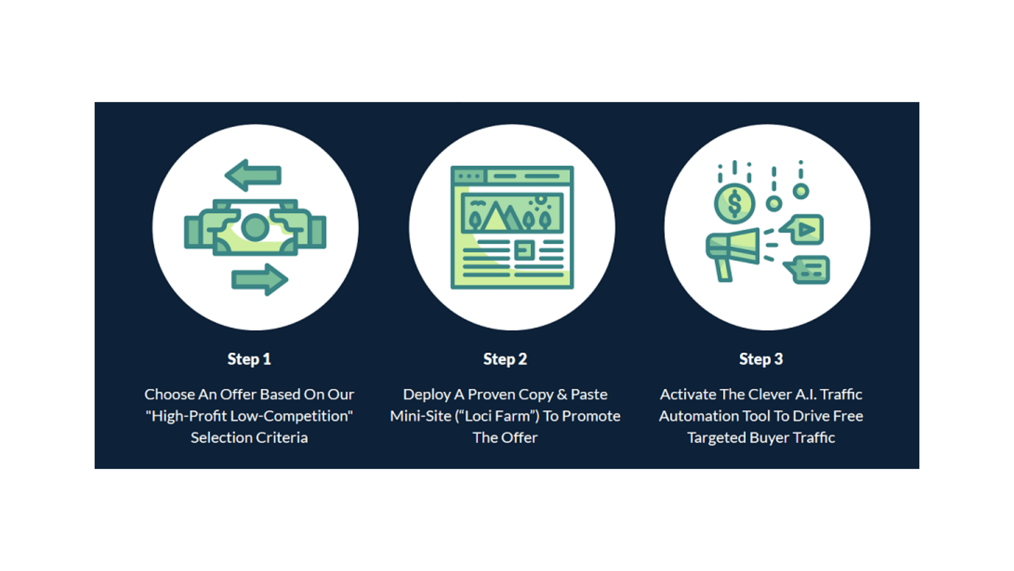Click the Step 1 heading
[249, 359]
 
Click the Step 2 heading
[505, 359]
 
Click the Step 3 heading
[761, 359]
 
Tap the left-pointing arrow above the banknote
[253, 175]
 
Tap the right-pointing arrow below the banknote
[259, 280]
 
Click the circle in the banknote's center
[255, 227]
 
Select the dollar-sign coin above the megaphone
[735, 203]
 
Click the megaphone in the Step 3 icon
[732, 254]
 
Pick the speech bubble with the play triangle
[802, 229]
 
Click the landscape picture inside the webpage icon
[512, 213]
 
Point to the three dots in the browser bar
[469, 176]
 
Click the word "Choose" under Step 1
[169, 395]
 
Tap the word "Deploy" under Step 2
[426, 395]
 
